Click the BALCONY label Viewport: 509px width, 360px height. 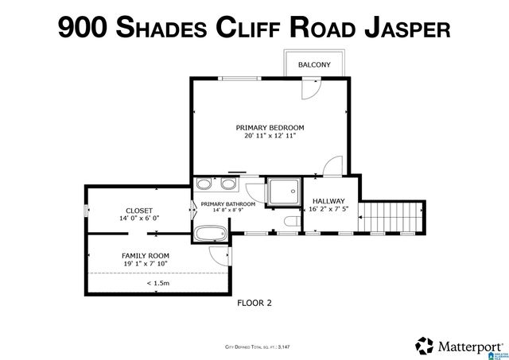click(314, 64)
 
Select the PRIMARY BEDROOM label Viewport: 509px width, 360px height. click(270, 127)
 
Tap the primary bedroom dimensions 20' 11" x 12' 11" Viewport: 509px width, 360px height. click(270, 136)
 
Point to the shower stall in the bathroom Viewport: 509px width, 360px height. click(282, 191)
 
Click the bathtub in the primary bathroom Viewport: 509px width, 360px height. click(210, 234)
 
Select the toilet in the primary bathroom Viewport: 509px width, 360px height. click(290, 222)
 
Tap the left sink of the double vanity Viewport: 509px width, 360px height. click(205, 185)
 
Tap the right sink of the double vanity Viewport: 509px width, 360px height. click(229, 185)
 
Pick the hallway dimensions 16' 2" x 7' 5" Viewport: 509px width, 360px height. click(328, 211)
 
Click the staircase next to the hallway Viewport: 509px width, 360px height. click(390, 219)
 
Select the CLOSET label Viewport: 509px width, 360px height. click(139, 210)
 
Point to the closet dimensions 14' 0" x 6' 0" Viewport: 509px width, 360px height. click(139, 219)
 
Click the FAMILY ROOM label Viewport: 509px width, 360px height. click(145, 255)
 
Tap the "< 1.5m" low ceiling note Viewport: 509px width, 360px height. click(157, 283)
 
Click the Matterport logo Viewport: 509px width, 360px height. click(457, 346)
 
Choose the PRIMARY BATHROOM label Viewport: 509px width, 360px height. click(228, 204)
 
